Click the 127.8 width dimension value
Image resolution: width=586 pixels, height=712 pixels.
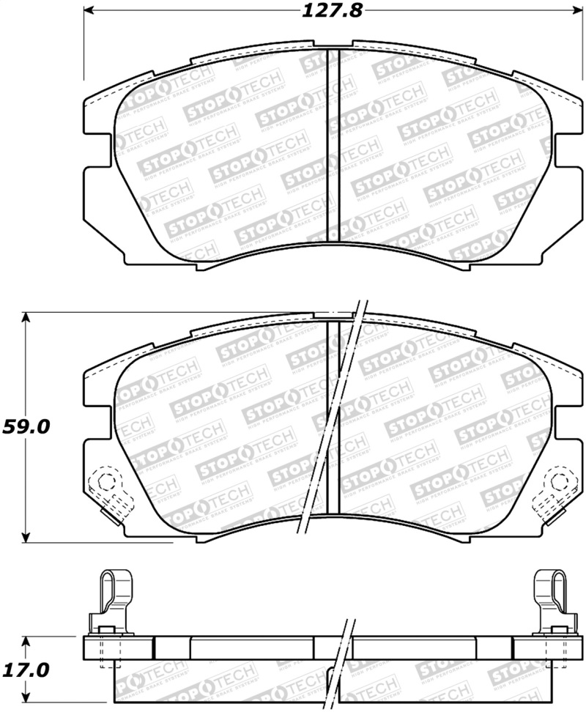click(332, 11)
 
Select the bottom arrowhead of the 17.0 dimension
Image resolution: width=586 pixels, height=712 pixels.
click(27, 698)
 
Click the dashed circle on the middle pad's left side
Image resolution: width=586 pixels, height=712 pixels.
click(105, 481)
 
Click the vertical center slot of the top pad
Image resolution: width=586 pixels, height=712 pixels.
click(333, 147)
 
